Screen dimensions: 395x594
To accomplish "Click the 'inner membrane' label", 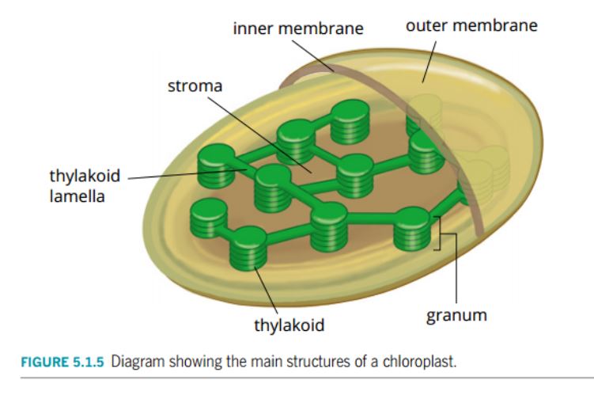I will point(297,28).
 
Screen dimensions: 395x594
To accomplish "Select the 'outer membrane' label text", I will point(471,25).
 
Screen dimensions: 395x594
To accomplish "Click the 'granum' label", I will point(456,315).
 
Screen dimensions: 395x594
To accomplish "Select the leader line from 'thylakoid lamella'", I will point(182,173).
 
